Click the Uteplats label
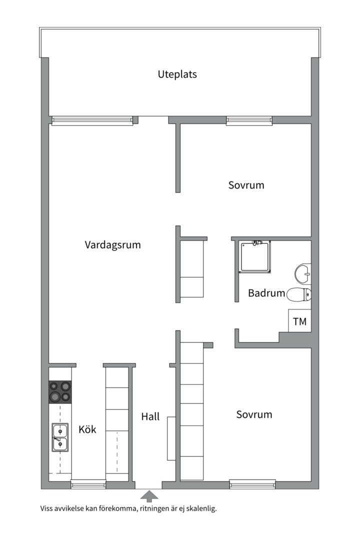coord(177,74)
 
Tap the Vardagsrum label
coord(112,245)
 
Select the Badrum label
coord(266,293)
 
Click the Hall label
coord(150,416)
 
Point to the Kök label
coord(87,429)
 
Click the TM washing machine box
coord(299,321)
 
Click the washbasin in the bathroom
coord(303,273)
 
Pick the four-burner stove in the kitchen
coord(60,391)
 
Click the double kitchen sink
coord(60,437)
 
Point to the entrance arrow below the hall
coord(148,496)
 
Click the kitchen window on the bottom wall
coord(88,484)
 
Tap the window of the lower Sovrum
coord(252,483)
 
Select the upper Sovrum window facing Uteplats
coord(249,120)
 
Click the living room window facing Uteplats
coord(92,120)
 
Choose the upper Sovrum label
coord(246,185)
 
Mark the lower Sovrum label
coord(254,414)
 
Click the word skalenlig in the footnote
coord(200,509)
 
